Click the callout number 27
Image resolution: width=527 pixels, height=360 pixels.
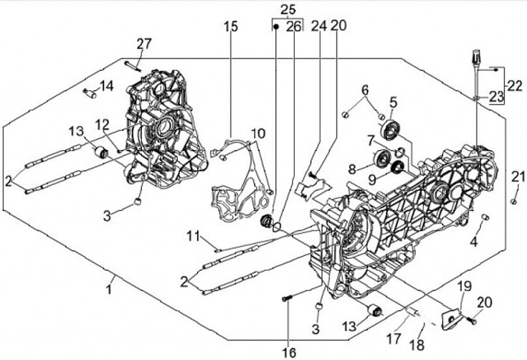[143, 43]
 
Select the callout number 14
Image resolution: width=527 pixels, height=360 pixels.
[106, 86]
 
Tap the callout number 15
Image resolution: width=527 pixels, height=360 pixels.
[231, 26]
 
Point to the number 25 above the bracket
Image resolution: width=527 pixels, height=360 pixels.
[288, 10]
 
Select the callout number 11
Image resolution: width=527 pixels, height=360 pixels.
[193, 236]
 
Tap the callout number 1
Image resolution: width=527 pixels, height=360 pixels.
[110, 289]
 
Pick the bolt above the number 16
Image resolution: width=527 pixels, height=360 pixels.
[286, 298]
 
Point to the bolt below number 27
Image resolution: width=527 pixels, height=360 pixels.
[132, 65]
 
